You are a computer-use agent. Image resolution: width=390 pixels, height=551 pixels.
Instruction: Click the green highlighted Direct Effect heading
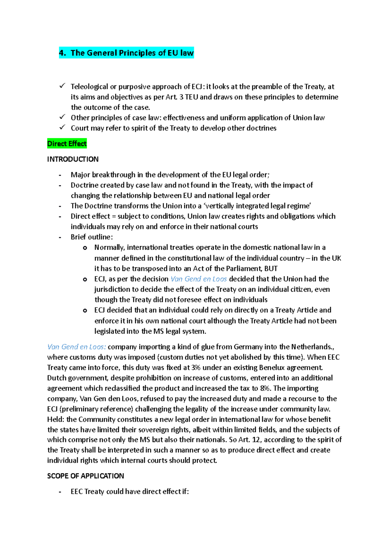[67, 144]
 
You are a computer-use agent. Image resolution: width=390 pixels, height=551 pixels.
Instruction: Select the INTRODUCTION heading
[73, 159]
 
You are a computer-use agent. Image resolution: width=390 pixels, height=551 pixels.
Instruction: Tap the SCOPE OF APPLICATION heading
[85, 476]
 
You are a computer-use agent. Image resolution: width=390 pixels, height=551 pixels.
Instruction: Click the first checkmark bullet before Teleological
[62, 86]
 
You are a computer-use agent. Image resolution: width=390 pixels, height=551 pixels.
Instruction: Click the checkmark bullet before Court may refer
[62, 128]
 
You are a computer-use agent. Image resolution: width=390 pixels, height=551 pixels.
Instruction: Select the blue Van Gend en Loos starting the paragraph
[76, 347]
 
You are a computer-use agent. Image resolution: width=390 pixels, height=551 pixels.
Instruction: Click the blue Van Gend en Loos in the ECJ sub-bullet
[199, 279]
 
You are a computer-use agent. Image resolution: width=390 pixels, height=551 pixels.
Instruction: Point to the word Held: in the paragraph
[56, 419]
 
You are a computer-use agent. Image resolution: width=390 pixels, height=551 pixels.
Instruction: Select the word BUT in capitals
[271, 269]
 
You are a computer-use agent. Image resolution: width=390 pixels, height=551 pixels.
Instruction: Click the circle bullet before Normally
[85, 248]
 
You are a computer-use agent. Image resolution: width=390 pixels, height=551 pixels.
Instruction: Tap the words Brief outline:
[92, 237]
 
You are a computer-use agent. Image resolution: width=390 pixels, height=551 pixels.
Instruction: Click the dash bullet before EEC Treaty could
[60, 492]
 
